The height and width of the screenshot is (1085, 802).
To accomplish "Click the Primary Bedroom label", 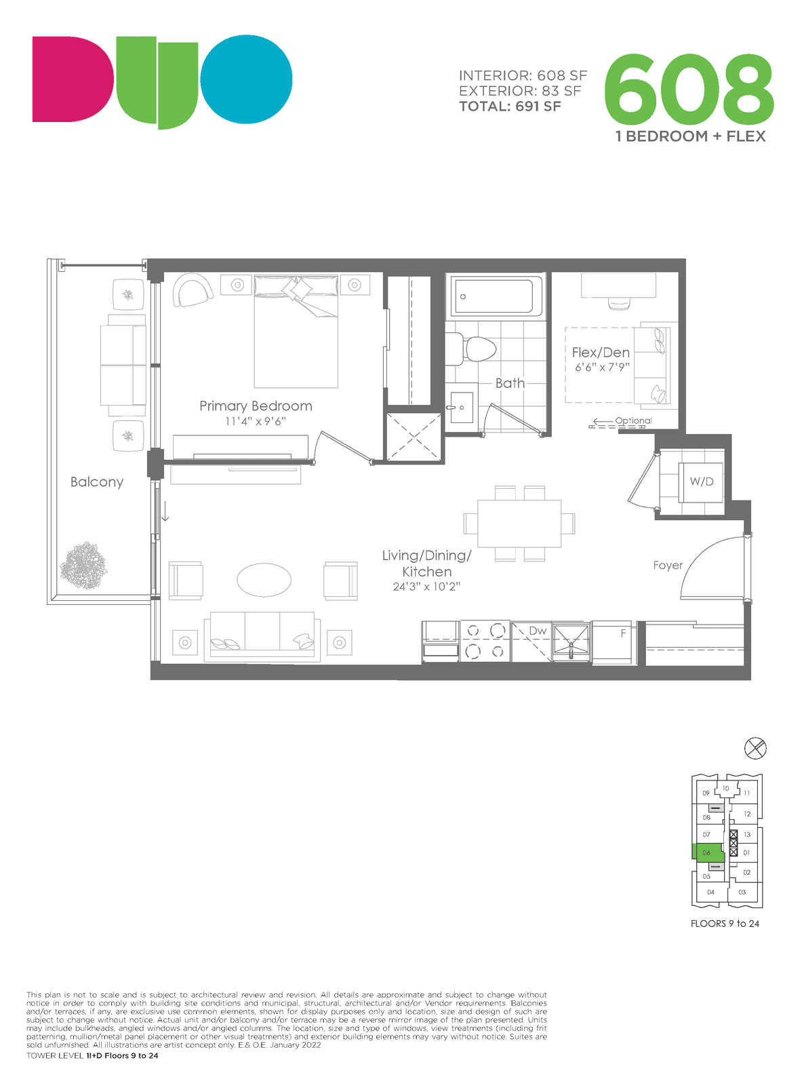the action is (x=256, y=406).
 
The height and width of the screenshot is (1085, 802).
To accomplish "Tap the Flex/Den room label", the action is (x=601, y=352).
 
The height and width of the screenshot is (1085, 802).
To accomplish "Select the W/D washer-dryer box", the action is (x=700, y=482).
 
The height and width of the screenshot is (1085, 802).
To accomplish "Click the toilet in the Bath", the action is (x=477, y=349).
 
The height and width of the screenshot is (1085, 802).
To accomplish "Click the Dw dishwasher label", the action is (x=538, y=631).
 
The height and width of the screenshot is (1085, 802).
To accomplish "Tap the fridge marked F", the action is (x=611, y=642).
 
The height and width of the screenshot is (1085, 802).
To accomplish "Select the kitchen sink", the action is (x=570, y=640).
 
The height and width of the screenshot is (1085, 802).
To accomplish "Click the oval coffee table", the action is (x=264, y=580).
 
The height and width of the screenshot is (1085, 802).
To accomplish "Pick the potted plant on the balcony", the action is (x=83, y=565).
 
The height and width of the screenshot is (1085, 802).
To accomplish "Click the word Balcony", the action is (x=97, y=482).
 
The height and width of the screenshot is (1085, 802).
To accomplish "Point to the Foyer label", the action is (x=668, y=565).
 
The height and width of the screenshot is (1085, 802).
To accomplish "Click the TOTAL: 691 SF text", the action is (x=510, y=106).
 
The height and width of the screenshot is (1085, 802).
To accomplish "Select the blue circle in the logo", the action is (x=246, y=79).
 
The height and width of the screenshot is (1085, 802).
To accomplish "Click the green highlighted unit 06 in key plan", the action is (x=707, y=852).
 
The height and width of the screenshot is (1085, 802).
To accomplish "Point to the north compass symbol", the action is (x=755, y=748).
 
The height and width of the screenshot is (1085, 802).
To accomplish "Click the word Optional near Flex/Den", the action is (x=633, y=420).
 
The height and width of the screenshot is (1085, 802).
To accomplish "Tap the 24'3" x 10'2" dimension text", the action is (x=426, y=586).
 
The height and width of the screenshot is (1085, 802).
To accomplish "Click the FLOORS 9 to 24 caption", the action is (x=725, y=924).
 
